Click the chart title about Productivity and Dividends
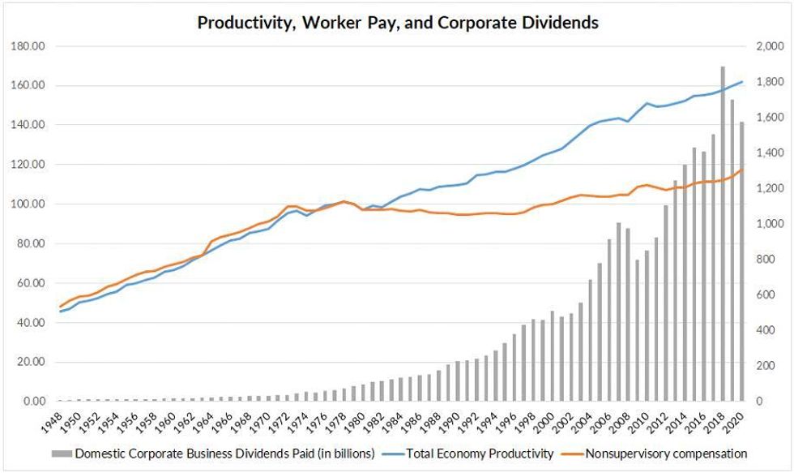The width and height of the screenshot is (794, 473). click(398, 22)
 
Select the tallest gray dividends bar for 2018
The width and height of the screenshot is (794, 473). click(723, 235)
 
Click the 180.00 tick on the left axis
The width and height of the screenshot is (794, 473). click(28, 46)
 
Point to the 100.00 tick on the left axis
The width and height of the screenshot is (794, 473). click(28, 204)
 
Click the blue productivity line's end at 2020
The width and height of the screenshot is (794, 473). click(742, 82)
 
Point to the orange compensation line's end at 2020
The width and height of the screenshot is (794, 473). click(742, 169)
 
